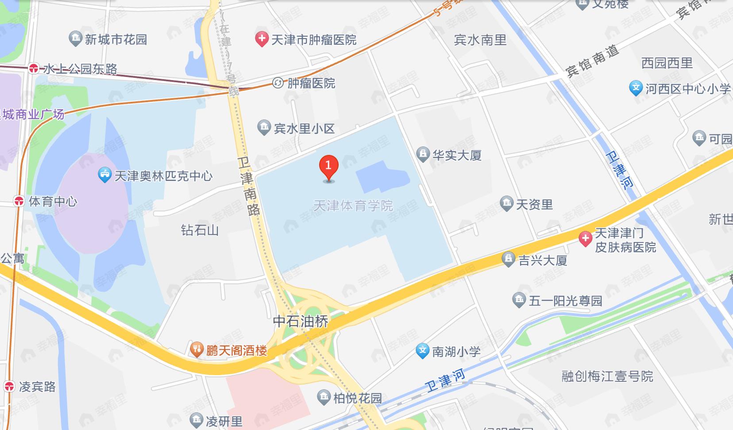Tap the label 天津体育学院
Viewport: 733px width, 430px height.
353,206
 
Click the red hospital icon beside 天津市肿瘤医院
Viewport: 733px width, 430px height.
262,39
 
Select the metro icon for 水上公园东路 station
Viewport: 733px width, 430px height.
33,69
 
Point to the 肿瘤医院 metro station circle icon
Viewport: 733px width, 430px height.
278,83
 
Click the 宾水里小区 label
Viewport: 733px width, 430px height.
304,129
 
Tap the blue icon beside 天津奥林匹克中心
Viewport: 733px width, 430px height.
104,175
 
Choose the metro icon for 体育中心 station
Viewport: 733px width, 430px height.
19,201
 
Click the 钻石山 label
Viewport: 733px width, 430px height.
200,230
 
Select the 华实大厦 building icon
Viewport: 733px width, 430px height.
423,154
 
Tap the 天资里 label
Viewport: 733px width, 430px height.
534,204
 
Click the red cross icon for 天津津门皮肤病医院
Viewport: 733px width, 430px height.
585,239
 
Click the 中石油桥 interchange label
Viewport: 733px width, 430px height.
301,321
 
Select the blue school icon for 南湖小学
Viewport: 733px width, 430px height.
423,351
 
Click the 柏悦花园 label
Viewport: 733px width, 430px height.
357,398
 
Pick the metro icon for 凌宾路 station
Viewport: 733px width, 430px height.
9,386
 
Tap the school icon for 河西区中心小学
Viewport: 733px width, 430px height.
636,88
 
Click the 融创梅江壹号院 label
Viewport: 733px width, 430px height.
607,376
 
